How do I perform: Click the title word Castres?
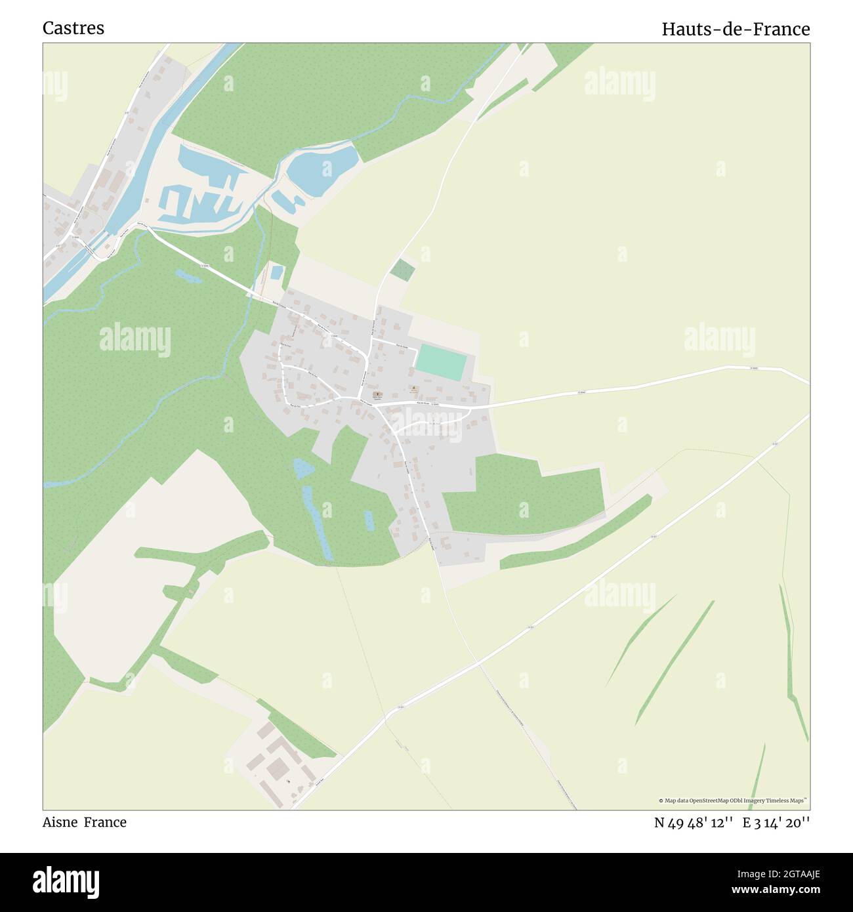[73, 28]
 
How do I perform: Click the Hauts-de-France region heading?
[735, 30]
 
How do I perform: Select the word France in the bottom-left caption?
[105, 822]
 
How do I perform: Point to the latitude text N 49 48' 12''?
[693, 823]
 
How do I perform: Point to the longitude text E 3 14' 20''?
[776, 823]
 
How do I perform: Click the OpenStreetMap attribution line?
[732, 800]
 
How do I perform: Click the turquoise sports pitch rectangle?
[441, 362]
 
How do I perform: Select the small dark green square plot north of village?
[402, 269]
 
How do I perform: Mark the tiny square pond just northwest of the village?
[277, 272]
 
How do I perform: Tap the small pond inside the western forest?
[188, 276]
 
